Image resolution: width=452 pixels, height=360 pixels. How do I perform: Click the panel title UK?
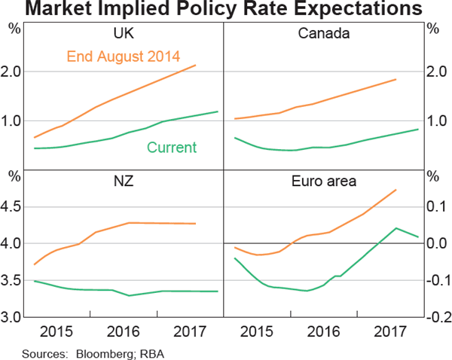(x=124, y=33)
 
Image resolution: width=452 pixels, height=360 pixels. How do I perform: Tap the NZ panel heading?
(x=124, y=181)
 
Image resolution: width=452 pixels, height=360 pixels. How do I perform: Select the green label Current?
(x=171, y=148)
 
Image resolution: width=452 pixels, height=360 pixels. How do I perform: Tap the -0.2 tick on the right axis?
(x=436, y=317)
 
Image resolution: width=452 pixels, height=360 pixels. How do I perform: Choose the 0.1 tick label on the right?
(x=436, y=206)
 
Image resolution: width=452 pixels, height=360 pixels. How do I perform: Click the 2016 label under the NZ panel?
(x=124, y=331)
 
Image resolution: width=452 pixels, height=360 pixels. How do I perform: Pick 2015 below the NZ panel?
(x=56, y=331)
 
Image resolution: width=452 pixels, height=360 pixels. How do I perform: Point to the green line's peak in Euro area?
(x=396, y=228)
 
